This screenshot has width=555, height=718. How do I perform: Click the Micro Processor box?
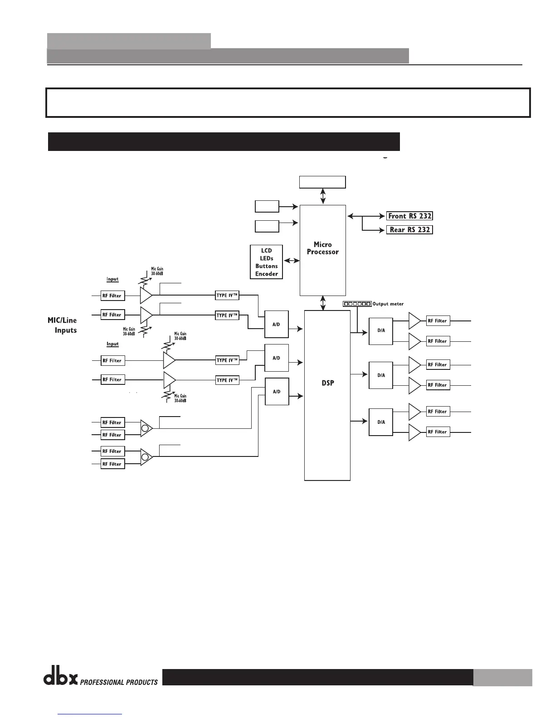322,250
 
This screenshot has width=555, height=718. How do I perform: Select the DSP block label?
327,383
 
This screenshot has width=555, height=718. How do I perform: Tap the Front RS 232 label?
409,216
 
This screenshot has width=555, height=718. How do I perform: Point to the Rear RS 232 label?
409,230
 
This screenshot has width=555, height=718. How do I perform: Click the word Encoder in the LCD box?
267,274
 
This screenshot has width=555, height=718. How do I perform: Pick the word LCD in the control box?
267,251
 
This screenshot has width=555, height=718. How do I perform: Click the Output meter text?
388,304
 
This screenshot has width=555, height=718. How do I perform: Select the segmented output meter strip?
357,304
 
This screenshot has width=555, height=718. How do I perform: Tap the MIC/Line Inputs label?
63,325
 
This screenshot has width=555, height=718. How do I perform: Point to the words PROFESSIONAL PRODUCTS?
119,682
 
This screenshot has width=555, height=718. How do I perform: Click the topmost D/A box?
381,331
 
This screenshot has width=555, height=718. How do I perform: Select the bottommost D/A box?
381,422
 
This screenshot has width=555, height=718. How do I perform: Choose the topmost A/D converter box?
277,324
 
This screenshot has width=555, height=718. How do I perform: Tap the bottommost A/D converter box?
277,391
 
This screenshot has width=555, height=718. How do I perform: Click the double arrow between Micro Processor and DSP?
323,303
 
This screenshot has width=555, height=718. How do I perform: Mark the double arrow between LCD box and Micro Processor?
292,261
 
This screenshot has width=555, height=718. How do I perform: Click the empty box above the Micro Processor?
322,182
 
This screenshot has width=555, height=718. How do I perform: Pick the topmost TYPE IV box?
227,296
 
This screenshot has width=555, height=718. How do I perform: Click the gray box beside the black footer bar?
502,678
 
